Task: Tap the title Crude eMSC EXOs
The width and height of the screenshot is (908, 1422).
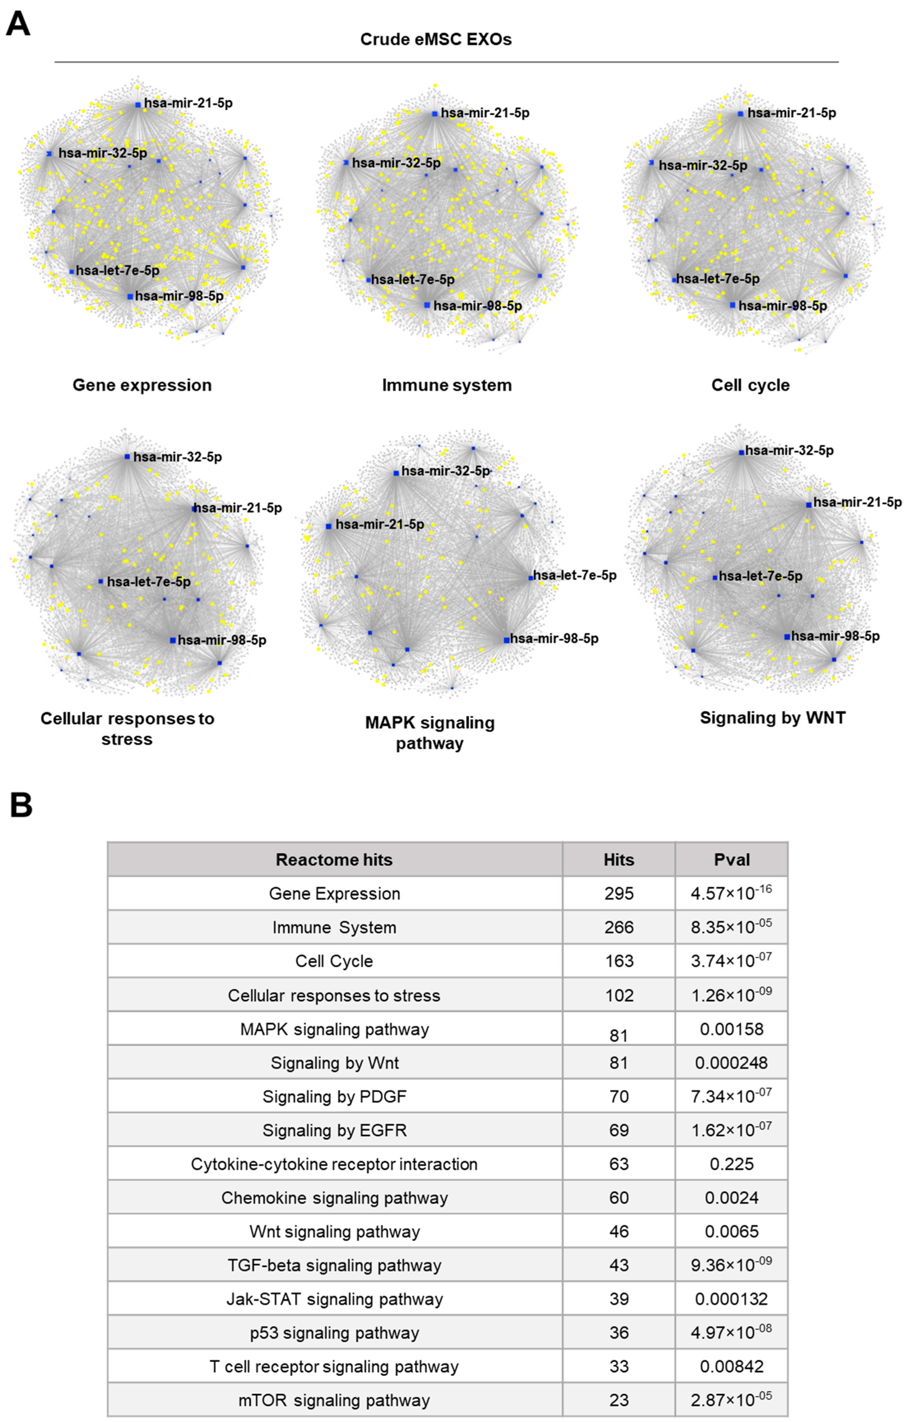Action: click(x=436, y=39)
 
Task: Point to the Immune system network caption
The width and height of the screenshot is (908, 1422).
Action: click(x=447, y=385)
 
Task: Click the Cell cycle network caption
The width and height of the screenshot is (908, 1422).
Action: click(x=750, y=385)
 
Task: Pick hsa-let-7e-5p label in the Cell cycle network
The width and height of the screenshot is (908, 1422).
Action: click(x=718, y=279)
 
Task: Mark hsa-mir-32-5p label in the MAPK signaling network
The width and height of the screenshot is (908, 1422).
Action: click(x=445, y=471)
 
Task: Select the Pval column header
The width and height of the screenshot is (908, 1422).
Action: click(x=731, y=859)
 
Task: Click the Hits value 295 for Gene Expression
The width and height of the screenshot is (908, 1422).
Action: click(x=619, y=894)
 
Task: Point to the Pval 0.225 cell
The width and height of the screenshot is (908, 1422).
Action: click(x=731, y=1164)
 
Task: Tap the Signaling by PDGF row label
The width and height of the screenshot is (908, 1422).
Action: click(x=335, y=1097)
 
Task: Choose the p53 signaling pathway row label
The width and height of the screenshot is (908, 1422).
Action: click(x=335, y=1333)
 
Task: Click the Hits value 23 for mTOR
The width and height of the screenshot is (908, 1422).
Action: click(x=619, y=1400)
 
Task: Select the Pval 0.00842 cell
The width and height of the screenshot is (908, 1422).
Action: click(x=731, y=1367)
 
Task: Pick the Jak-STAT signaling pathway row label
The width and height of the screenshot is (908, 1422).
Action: click(x=335, y=1299)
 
